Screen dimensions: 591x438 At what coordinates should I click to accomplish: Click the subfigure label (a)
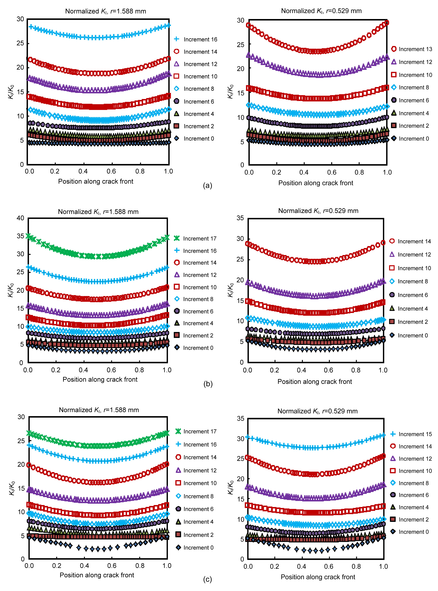208,186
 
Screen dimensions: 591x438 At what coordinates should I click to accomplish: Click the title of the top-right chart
321,11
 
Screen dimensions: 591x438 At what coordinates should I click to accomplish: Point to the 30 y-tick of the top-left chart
20,19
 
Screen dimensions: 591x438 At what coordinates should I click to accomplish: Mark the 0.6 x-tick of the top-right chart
332,172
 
